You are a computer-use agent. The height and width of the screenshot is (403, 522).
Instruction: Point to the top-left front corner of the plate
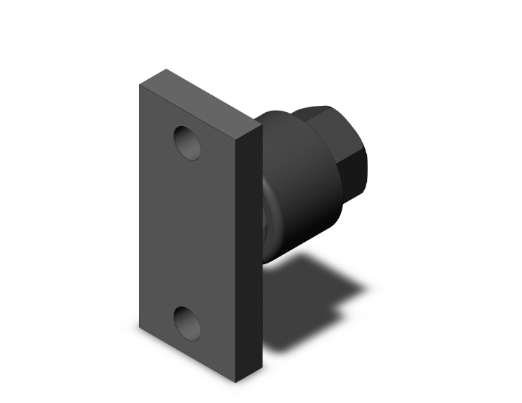[x=138, y=86]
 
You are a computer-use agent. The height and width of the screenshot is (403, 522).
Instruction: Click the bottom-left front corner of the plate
[x=139, y=328]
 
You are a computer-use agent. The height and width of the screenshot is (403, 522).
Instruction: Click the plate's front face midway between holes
[x=187, y=231]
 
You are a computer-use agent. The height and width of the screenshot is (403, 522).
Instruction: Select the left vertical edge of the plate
[x=139, y=210]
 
